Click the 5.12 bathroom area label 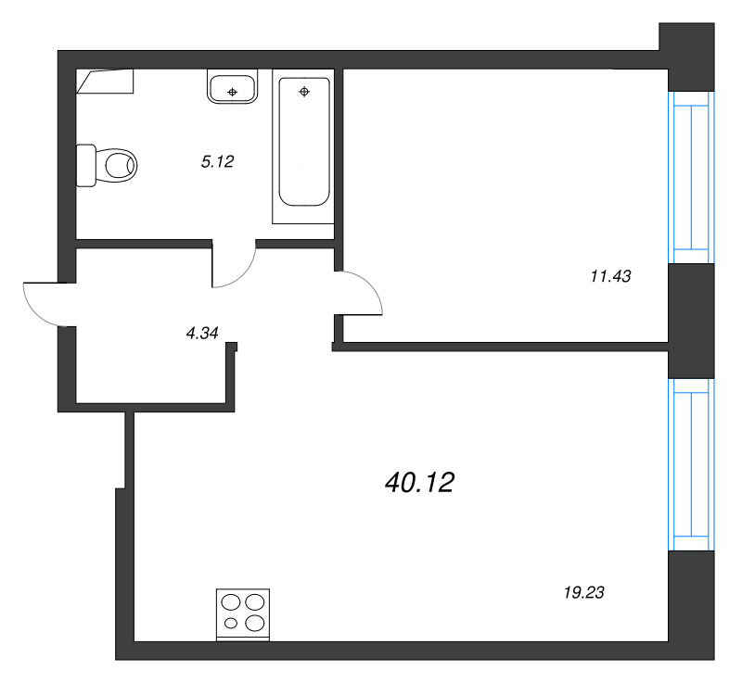[x=217, y=161]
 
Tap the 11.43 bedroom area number [x=610, y=276]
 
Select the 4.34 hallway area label [x=202, y=334]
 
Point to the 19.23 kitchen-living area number [x=584, y=592]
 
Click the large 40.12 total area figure [x=420, y=483]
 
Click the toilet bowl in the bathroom [x=116, y=166]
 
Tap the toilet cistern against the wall [x=86, y=166]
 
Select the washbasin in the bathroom [x=233, y=86]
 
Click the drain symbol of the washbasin [x=233, y=92]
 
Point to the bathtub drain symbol [x=304, y=92]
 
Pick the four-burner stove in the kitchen [x=243, y=614]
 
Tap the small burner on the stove [x=231, y=624]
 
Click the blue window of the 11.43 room [x=691, y=177]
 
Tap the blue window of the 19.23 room [x=691, y=464]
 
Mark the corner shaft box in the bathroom [x=105, y=81]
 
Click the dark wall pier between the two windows [x=691, y=321]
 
